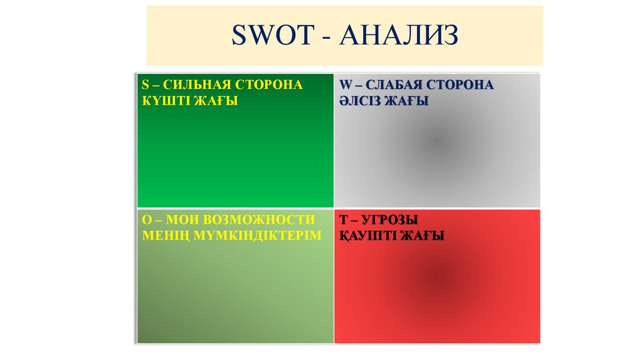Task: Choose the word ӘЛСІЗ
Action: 362,100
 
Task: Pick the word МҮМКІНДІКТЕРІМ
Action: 259,236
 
